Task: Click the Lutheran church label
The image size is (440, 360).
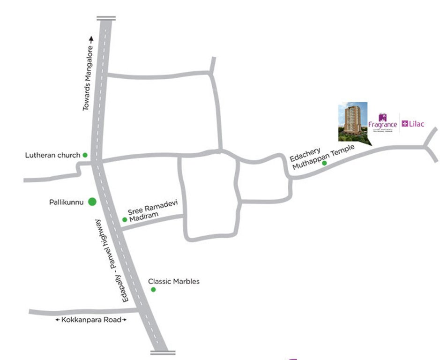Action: coord(53,155)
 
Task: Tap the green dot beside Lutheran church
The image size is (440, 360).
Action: coord(85,155)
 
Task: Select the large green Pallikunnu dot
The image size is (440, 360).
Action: coord(92,202)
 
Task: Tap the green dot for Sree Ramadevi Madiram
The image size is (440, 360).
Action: coord(125,219)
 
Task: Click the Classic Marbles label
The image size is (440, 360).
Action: coord(174,282)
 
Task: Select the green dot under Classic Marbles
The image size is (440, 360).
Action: coord(153,290)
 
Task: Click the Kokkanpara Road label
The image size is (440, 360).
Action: coord(91,320)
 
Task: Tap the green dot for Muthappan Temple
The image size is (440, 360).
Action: coord(324,163)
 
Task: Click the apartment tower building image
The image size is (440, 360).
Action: coord(353,120)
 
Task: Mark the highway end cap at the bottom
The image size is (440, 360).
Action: coord(163,352)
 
